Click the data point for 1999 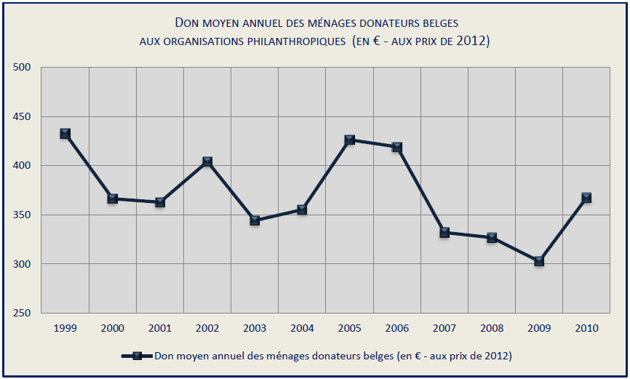[x=65, y=133]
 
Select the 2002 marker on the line [x=207, y=161]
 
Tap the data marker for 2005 [x=349, y=140]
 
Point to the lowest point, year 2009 [x=539, y=260]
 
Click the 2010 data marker [x=586, y=197]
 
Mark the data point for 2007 [x=444, y=233]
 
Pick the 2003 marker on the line [x=255, y=220]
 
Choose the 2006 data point [x=396, y=147]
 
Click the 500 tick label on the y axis [x=23, y=68]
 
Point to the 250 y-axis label [x=23, y=314]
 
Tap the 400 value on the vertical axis [x=23, y=166]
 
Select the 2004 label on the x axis [x=302, y=328]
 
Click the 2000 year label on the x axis [x=112, y=328]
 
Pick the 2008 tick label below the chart [x=492, y=328]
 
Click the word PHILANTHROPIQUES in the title [x=290, y=41]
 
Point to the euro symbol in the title [x=372, y=41]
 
